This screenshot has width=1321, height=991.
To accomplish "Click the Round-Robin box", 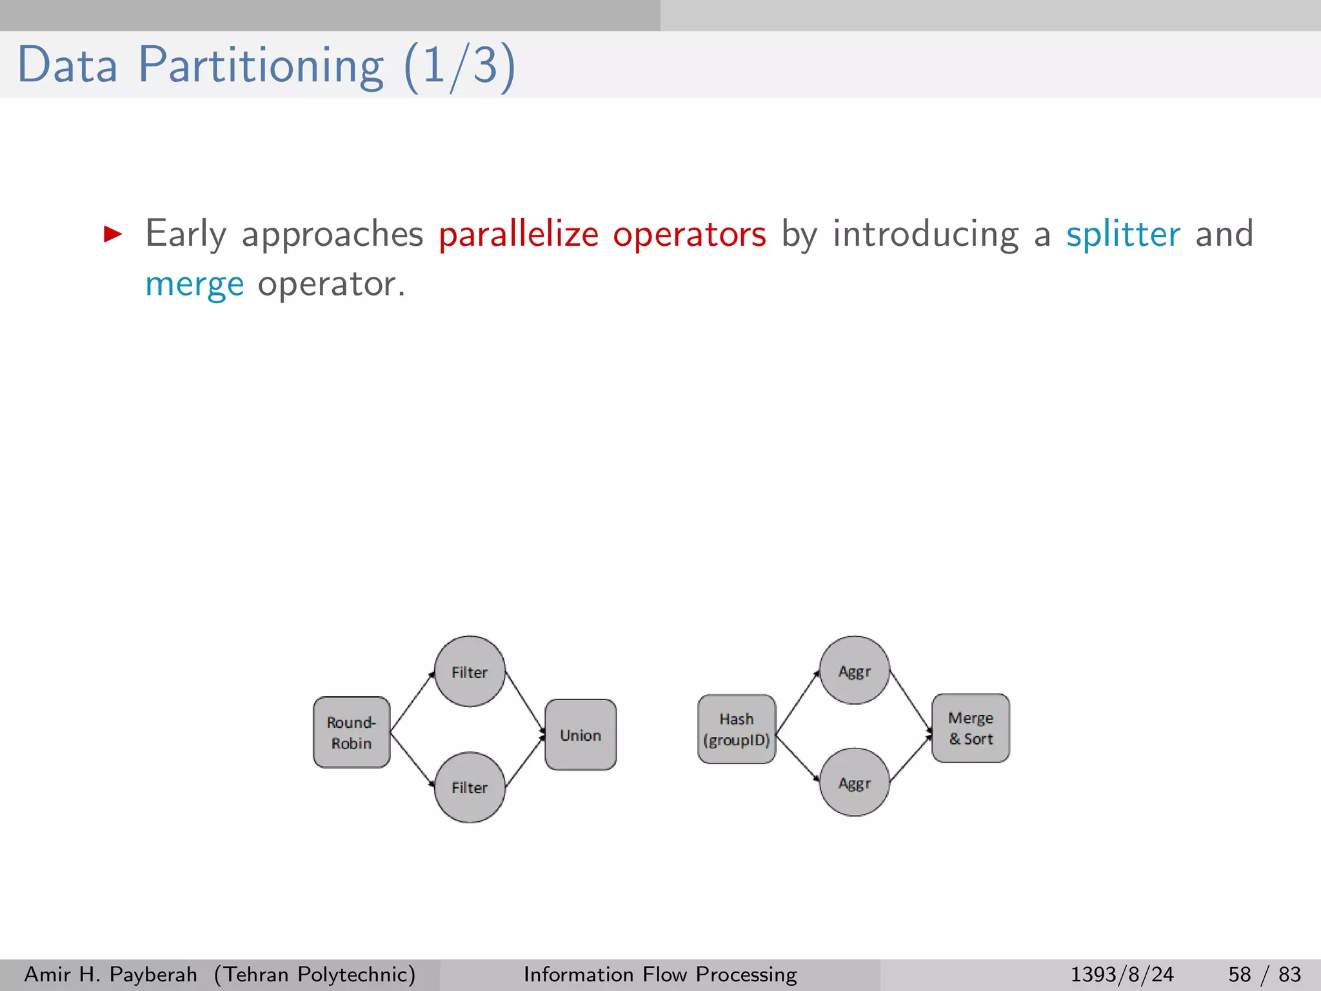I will pos(352,732).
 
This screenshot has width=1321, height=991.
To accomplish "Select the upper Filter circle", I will pos(470,672).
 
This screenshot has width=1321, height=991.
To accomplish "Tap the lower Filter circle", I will pos(470,787).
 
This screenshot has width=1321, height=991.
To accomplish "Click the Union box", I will pos(581,735).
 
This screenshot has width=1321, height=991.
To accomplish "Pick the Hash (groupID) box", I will pos(737,729).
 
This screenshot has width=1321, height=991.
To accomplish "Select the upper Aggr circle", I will pos(855,670).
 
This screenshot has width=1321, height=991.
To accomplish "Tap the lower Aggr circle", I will pos(855,783).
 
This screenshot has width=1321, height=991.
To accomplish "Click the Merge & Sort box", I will pos(971,728).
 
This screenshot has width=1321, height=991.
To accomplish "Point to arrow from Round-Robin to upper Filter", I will pos(412,702).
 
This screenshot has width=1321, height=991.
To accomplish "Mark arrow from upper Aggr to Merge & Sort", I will pos(911,702).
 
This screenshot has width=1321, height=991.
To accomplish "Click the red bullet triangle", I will pos(113,234).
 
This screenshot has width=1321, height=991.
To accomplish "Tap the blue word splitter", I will pos(1122,234).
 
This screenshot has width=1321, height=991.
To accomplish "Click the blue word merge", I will pos(194,285).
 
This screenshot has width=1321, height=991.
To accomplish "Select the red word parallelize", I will pos(519,234).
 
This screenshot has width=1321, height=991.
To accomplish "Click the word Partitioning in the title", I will pos(261,65).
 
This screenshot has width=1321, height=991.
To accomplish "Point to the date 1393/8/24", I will pos(1122,974).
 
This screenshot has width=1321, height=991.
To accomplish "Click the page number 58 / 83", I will pos(1264,974).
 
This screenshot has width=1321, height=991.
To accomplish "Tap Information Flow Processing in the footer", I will pos(660,974).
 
